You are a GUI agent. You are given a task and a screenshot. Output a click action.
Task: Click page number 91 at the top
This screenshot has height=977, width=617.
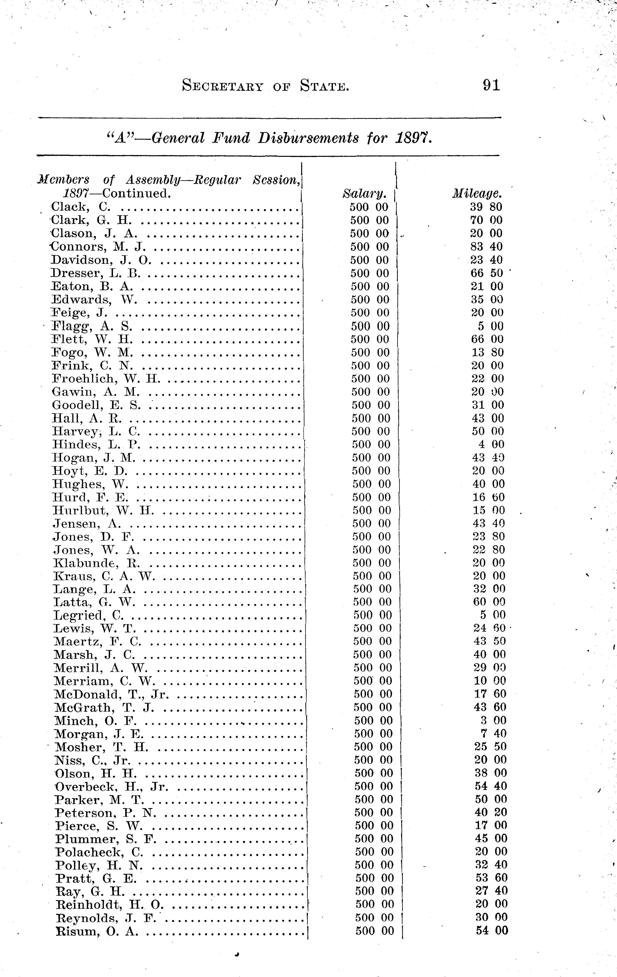(491, 85)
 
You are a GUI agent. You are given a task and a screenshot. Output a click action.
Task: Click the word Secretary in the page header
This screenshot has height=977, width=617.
(223, 86)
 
